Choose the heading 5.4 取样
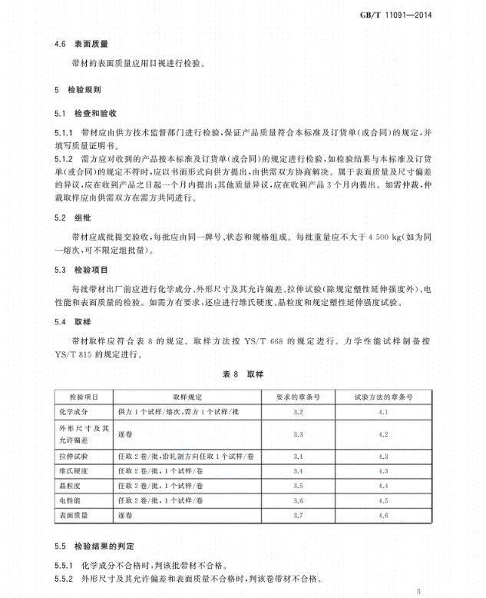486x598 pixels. coord(67,321)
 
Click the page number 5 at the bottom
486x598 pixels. coord(419,592)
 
